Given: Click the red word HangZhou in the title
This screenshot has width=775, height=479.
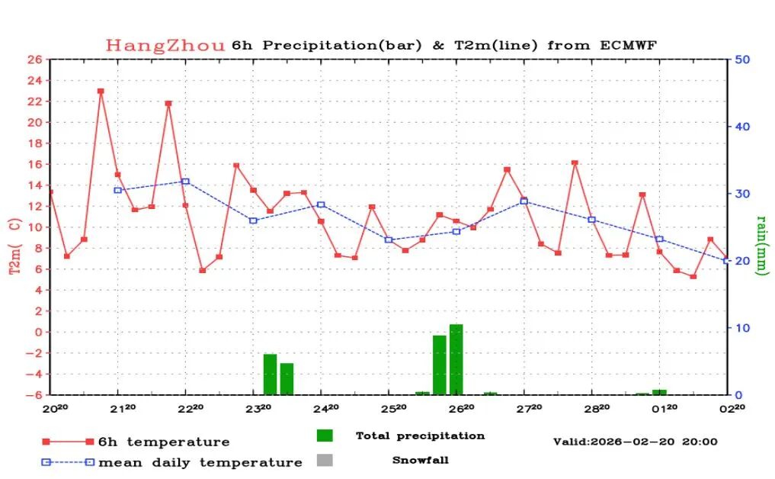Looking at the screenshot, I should click(x=165, y=45).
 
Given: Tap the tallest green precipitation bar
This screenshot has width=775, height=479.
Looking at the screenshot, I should click(x=456, y=358).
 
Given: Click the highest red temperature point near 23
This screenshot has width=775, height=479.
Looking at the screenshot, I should click(x=101, y=91).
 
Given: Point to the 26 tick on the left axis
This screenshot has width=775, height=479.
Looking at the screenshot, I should click(x=34, y=59).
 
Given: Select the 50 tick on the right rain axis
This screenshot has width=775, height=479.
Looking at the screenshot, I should click(x=742, y=59).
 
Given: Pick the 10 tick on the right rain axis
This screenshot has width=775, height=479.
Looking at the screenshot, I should click(x=742, y=328).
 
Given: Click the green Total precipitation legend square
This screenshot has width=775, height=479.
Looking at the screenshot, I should click(x=325, y=436).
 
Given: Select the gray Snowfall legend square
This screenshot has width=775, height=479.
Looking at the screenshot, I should click(x=325, y=460).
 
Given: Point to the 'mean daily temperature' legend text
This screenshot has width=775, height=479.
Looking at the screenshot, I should click(x=200, y=462).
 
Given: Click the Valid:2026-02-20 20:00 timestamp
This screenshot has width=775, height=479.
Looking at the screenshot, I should click(x=635, y=442).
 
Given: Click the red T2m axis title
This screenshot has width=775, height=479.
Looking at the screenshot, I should click(x=14, y=246).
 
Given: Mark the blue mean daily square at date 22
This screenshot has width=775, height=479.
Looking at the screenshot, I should click(x=185, y=182).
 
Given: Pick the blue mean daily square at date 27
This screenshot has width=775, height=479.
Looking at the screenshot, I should click(x=524, y=201).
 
